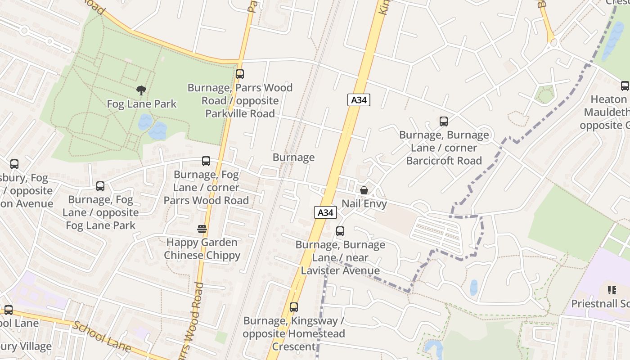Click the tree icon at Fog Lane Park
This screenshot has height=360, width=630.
(x=141, y=90)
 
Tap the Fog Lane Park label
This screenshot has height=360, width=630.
(x=142, y=104)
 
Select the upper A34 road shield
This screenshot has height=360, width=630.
(x=359, y=100)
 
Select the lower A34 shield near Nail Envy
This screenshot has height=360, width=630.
(x=325, y=212)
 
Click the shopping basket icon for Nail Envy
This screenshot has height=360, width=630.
(x=364, y=191)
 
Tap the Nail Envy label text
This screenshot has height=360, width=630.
(x=364, y=204)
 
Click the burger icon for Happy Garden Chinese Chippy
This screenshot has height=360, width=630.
(x=202, y=229)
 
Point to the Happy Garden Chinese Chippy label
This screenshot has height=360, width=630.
(x=202, y=249)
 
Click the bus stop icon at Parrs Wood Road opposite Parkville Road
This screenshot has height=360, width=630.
(x=240, y=74)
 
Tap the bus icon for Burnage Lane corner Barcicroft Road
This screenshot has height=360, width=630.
(x=444, y=121)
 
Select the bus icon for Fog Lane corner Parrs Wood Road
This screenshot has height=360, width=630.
(x=206, y=161)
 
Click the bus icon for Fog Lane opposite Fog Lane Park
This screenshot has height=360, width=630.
(x=100, y=186)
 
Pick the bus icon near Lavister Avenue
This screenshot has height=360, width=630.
(x=340, y=231)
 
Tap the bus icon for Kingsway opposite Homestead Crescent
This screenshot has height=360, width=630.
(x=294, y=307)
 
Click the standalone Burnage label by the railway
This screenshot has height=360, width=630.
(x=293, y=157)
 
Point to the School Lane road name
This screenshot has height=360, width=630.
(x=102, y=337)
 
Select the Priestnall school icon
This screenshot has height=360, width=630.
(x=612, y=290)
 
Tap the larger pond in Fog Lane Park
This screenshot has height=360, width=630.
(x=158, y=131)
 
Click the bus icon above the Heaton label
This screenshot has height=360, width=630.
(x=625, y=86)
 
